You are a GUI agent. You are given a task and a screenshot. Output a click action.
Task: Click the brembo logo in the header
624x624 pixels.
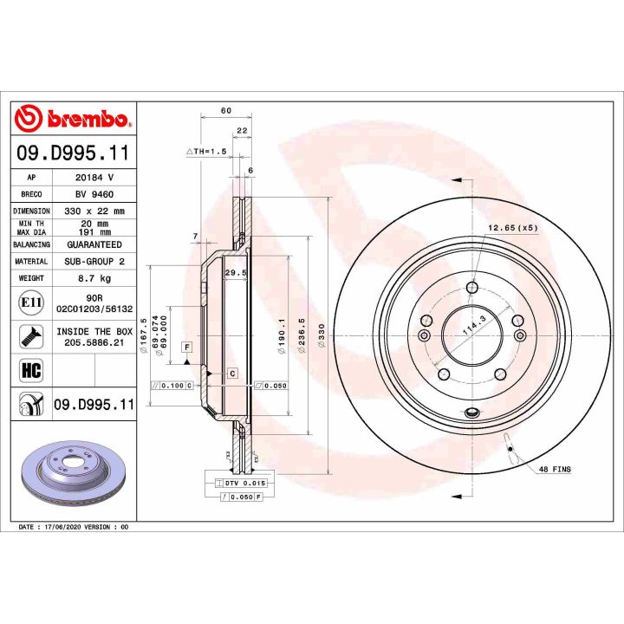[73, 119]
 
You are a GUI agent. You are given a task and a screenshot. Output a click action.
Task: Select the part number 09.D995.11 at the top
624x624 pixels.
[73, 153]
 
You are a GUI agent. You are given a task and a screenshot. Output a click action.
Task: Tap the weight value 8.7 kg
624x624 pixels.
[95, 278]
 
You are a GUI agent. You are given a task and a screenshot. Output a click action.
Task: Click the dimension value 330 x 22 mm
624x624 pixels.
[95, 211]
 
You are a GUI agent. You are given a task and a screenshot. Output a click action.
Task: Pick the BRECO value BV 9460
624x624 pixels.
[95, 194]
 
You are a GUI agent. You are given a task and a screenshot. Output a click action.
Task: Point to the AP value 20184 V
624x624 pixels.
[95, 177]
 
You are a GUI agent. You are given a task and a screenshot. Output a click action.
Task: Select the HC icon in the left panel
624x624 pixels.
[28, 370]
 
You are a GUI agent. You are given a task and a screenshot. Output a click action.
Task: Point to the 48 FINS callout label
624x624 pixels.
[556, 469]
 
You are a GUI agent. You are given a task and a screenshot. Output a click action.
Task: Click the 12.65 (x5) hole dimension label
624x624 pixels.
[513, 228]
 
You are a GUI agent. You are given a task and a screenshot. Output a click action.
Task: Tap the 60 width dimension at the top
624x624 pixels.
[225, 110]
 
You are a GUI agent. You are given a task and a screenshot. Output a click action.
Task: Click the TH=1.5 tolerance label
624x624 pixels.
[206, 151]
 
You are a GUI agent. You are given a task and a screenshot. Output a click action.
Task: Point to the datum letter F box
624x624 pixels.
[185, 347]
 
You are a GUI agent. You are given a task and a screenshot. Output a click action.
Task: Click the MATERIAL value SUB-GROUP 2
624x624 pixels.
[95, 261]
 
